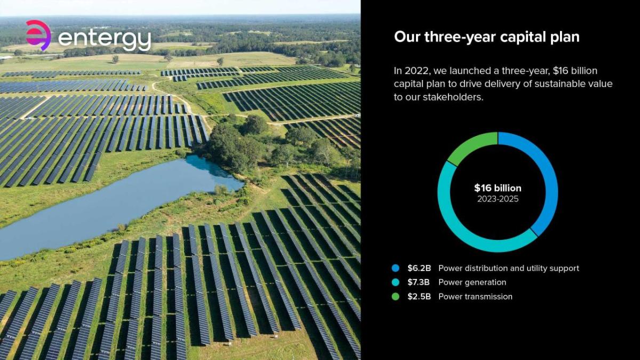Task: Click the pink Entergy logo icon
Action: pyautogui.click(x=38, y=35)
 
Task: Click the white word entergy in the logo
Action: pyautogui.click(x=105, y=39)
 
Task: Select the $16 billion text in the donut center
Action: pyautogui.click(x=498, y=188)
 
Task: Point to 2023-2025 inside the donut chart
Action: pyautogui.click(x=498, y=199)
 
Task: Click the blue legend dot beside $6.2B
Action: pyautogui.click(x=395, y=268)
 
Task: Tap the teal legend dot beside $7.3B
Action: pyautogui.click(x=395, y=282)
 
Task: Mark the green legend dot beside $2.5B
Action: pyautogui.click(x=395, y=297)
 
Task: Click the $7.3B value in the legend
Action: pyautogui.click(x=419, y=282)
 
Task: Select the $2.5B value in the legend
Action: pyautogui.click(x=419, y=297)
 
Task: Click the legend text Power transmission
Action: pyautogui.click(x=475, y=297)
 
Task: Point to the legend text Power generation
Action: pyautogui.click(x=473, y=283)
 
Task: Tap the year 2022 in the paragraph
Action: pyautogui.click(x=418, y=71)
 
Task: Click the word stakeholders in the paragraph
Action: pyautogui.click(x=453, y=97)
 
